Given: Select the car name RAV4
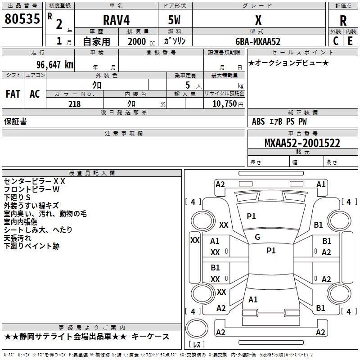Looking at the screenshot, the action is click(x=116, y=20).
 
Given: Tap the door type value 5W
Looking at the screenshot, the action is click(x=175, y=20).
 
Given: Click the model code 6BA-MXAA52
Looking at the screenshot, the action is click(x=258, y=41).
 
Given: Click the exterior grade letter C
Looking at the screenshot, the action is click(x=335, y=41).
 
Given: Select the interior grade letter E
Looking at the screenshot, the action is click(x=351, y=41).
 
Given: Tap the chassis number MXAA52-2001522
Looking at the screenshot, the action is click(x=302, y=143).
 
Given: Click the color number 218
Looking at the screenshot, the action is click(x=74, y=104).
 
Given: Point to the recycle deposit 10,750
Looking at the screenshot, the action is click(x=224, y=104).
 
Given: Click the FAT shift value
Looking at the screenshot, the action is click(x=13, y=94).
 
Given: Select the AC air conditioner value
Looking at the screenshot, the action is click(x=35, y=94).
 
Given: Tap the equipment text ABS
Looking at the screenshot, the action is click(x=258, y=121).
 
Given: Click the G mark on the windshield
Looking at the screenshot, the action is click(x=257, y=237).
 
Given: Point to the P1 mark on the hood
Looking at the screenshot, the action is click(x=251, y=216).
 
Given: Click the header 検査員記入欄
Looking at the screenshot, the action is click(x=92, y=173).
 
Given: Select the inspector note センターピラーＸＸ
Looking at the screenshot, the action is click(x=35, y=181).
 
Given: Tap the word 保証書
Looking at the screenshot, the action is click(x=15, y=121).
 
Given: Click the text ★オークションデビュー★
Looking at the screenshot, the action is click(x=288, y=63).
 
